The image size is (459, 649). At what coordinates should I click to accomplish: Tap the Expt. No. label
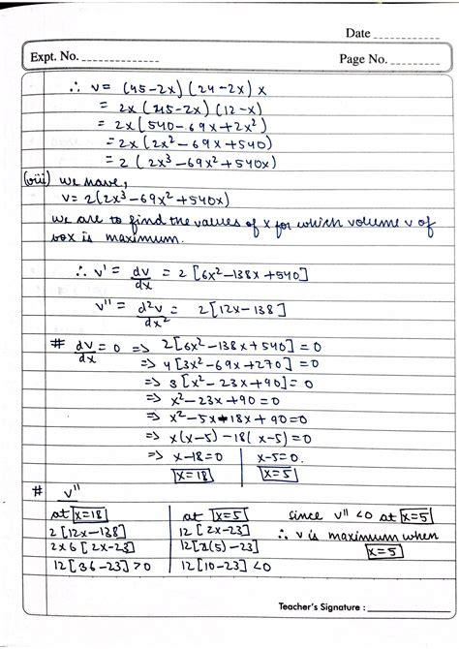[x=57, y=58]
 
